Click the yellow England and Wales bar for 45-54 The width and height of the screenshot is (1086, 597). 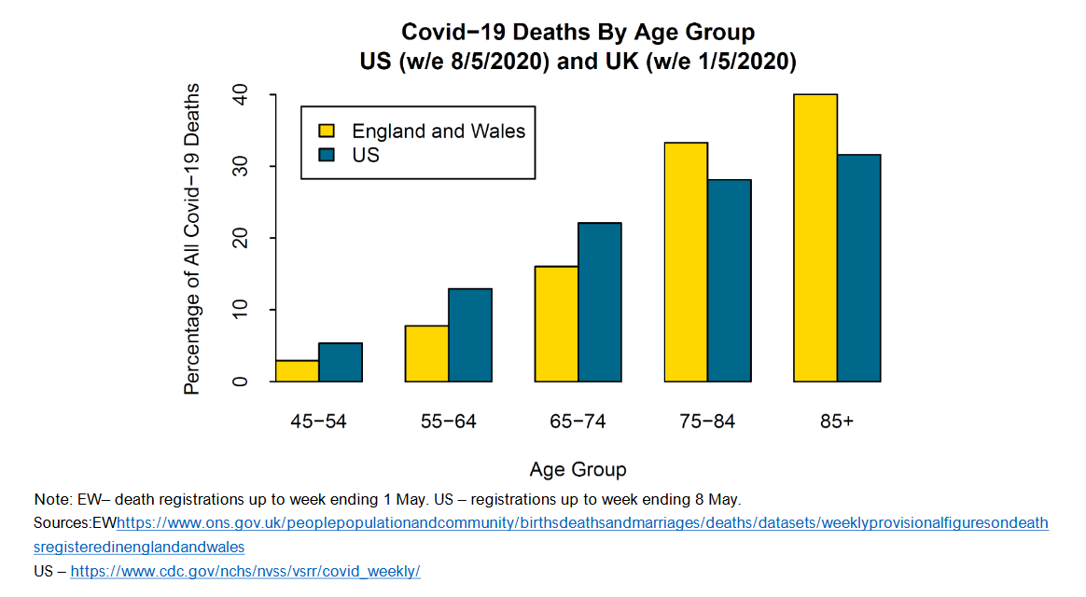(x=297, y=371)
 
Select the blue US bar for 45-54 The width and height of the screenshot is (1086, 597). (x=341, y=363)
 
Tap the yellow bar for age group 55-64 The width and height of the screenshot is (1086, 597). (x=426, y=354)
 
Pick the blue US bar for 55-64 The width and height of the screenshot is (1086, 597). (x=470, y=336)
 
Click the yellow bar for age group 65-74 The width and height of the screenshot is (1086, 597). (x=556, y=325)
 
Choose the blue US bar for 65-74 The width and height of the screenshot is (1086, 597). (x=600, y=302)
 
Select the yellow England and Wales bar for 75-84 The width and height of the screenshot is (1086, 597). (x=686, y=262)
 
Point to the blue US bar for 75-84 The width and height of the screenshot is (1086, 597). (x=730, y=281)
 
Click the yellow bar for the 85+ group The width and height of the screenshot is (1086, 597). (x=815, y=238)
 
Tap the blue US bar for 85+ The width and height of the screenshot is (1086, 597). (x=859, y=269)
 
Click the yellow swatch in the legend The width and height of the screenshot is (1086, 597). (x=327, y=131)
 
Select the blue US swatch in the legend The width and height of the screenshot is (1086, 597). (x=327, y=155)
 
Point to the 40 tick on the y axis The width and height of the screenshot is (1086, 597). (x=241, y=95)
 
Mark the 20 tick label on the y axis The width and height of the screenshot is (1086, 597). (x=241, y=238)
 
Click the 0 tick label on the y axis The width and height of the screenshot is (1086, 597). (x=241, y=382)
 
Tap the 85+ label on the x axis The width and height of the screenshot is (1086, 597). (x=837, y=422)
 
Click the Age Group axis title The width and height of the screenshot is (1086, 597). (x=578, y=469)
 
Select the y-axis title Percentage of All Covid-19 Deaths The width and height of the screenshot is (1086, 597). (x=192, y=239)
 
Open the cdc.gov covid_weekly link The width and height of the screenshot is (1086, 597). (x=245, y=571)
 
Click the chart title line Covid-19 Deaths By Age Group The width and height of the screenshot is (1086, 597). (x=578, y=33)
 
